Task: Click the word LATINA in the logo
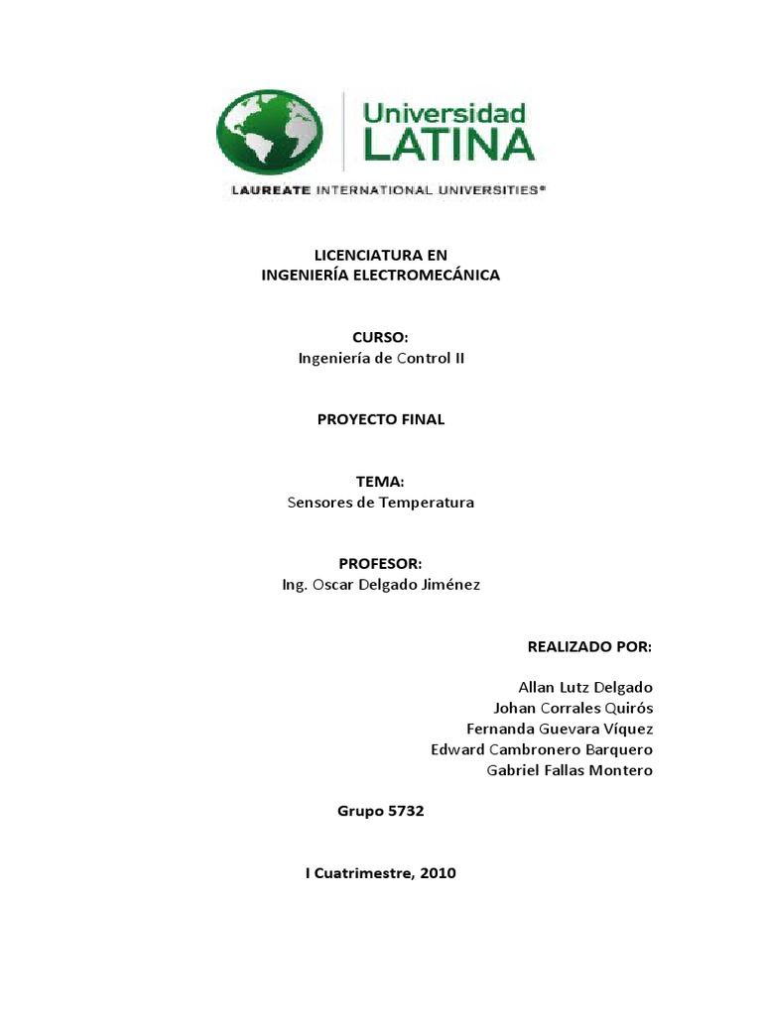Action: [x=447, y=145]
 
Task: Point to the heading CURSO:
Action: [x=380, y=338]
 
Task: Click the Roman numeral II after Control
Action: [x=458, y=359]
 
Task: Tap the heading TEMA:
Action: [x=380, y=481]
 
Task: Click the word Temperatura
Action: [x=427, y=502]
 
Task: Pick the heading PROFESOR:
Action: [x=380, y=563]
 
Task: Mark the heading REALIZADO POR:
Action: [x=589, y=646]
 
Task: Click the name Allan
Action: [x=538, y=687]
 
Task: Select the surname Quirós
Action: [x=627, y=708]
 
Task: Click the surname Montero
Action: [x=621, y=770]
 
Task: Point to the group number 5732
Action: [x=403, y=811]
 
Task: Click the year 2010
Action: [x=438, y=873]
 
